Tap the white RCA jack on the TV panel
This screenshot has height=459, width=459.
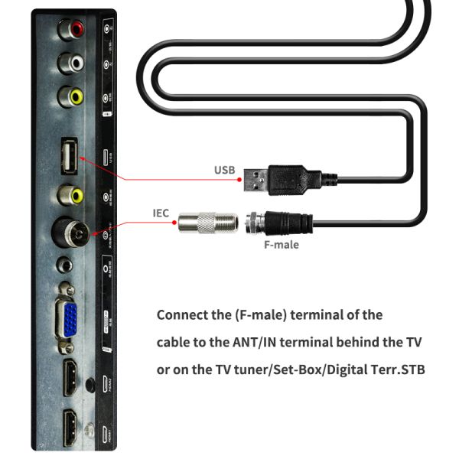coord(75,61)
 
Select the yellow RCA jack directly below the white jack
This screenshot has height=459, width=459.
coord(75,96)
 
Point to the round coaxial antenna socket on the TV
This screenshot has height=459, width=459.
coord(73,231)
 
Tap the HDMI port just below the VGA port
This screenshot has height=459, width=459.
coord(70,377)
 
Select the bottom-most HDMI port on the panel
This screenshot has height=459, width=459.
coord(70,425)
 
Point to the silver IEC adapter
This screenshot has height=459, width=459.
coord(207,224)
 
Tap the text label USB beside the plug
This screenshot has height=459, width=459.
coord(223,171)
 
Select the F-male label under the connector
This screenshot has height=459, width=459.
coord(280,245)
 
